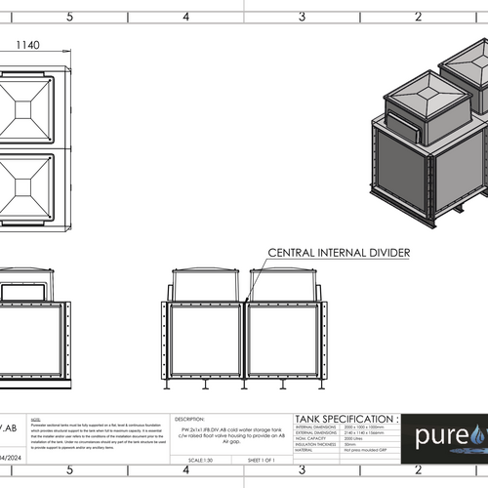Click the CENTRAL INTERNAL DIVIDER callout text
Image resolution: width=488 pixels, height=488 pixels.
[x=338, y=253]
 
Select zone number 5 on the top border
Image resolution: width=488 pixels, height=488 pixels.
[x=68, y=17]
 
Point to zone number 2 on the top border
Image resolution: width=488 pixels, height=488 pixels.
[x=418, y=17]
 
